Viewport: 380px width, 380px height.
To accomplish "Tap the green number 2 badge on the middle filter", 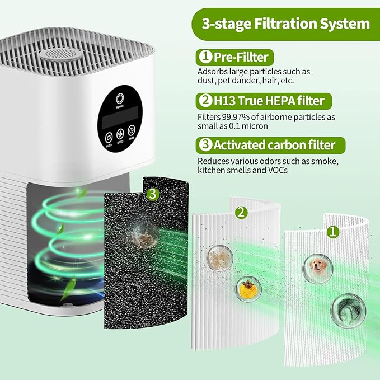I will (x=240, y=212).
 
